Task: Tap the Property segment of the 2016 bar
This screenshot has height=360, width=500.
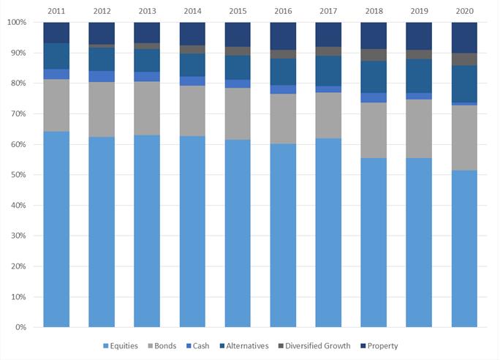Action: (284, 36)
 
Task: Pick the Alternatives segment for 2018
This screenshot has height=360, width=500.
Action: (374, 77)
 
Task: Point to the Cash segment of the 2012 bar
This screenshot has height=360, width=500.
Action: (102, 76)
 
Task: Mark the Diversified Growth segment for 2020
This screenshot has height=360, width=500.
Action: (465, 59)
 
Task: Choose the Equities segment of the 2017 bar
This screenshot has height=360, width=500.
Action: (329, 233)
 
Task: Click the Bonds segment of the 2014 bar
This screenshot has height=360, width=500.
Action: (193, 110)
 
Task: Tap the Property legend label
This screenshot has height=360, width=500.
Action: (383, 345)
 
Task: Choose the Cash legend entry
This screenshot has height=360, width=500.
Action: (206, 345)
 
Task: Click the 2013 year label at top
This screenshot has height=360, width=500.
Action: (148, 11)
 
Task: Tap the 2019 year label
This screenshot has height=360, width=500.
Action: (420, 11)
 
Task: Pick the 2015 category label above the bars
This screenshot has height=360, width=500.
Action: (238, 11)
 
